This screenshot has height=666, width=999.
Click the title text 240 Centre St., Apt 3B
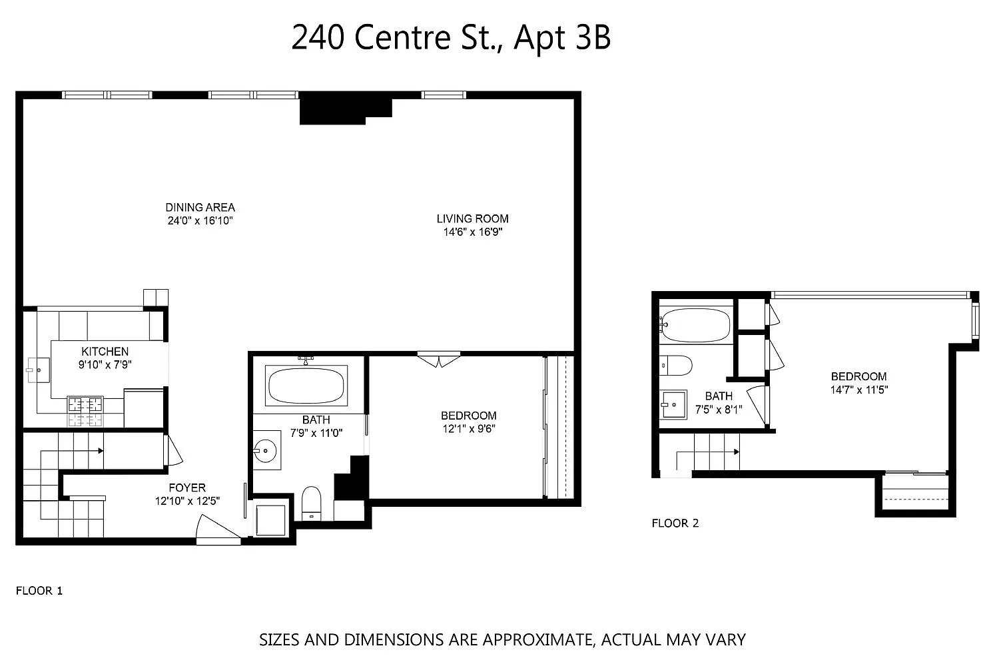[451, 38]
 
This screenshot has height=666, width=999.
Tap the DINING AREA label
[200, 207]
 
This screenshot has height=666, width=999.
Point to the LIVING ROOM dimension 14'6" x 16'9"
[473, 232]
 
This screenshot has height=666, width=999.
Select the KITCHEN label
[105, 352]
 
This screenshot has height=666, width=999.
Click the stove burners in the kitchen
[85, 412]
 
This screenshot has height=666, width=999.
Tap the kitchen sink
[39, 370]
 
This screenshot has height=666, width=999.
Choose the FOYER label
[187, 488]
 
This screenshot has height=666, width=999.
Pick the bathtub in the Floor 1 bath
[306, 386]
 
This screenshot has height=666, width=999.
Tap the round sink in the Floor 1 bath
[265, 450]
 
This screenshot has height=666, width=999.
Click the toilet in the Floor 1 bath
[311, 503]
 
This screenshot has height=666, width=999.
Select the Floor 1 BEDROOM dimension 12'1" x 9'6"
[469, 429]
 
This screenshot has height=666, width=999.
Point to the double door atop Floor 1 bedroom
[439, 359]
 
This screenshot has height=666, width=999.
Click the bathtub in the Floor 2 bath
[695, 325]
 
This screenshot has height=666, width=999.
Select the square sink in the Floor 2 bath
[673, 405]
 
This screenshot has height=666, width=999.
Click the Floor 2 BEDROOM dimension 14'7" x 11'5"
[859, 390]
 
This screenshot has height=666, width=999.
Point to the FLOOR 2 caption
[675, 523]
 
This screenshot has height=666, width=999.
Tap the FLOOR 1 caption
[39, 591]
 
